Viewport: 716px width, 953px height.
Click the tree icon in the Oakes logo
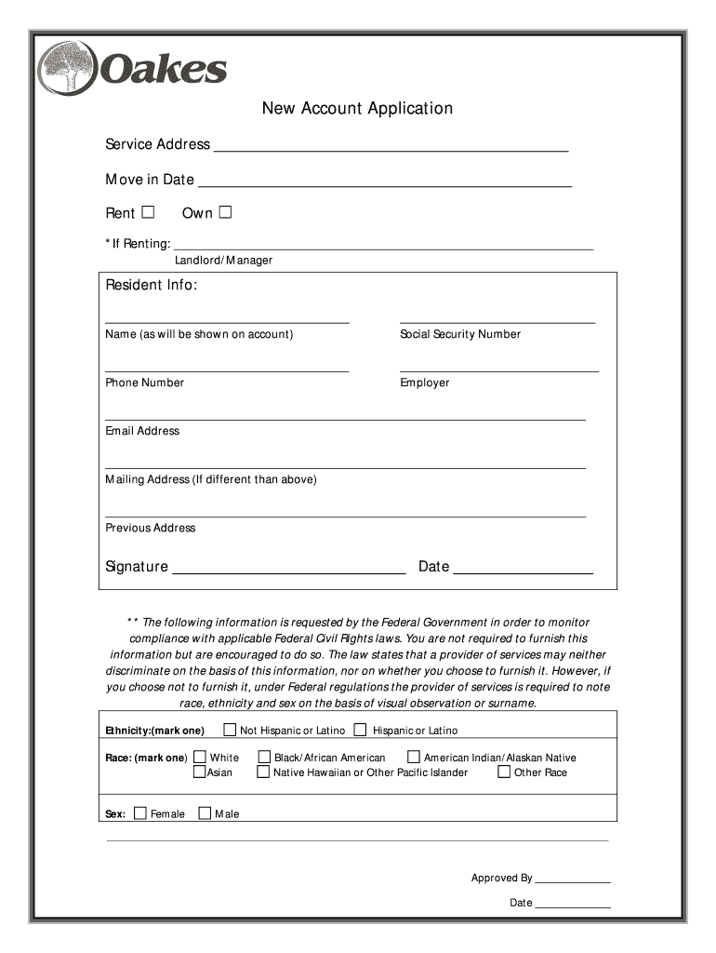(x=68, y=68)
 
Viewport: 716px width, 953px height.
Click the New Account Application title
(x=357, y=109)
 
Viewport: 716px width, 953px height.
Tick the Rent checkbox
(x=148, y=212)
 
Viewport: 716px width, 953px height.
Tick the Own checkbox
(x=225, y=212)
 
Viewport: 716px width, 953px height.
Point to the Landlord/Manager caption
(x=223, y=261)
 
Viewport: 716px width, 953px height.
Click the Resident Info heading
(x=151, y=285)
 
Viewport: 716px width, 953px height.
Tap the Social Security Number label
(x=460, y=334)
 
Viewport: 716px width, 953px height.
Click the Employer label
(x=425, y=383)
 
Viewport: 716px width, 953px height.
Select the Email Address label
(x=142, y=431)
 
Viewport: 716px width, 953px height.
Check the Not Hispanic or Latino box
(x=230, y=730)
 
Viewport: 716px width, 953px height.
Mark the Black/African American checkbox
(x=264, y=758)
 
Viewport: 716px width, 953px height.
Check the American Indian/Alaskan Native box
(x=415, y=758)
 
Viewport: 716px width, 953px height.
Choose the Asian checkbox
(x=199, y=772)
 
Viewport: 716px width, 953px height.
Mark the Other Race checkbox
(x=504, y=772)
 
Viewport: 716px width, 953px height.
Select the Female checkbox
(x=140, y=813)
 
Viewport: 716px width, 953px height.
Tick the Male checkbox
(x=205, y=813)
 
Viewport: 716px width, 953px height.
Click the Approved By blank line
(x=573, y=879)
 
